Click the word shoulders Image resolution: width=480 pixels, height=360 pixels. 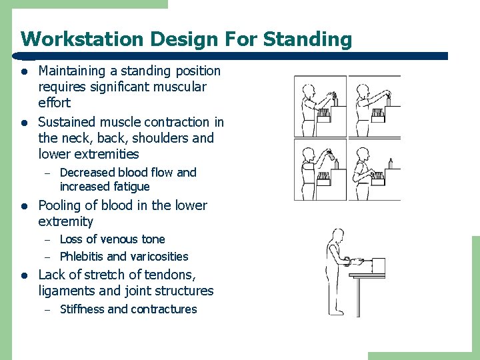159,138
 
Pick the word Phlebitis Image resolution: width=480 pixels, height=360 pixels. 81,257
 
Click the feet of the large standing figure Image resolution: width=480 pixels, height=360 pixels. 337,311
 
